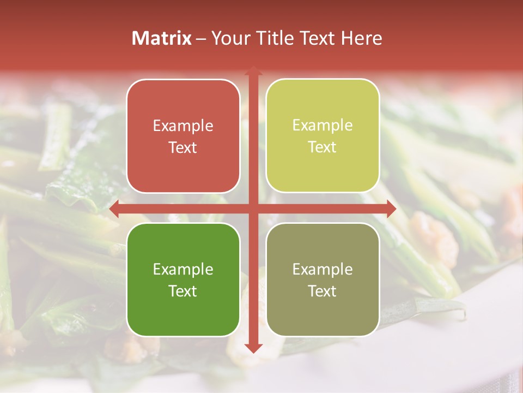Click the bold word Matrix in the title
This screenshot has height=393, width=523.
162,38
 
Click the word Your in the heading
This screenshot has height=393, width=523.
232,38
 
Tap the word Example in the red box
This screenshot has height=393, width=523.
183,126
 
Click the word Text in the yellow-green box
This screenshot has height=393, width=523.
323,147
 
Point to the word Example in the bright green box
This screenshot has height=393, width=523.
183,269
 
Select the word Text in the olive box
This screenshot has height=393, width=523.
323,291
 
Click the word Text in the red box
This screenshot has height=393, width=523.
183,148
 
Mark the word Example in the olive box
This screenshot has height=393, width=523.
323,269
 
